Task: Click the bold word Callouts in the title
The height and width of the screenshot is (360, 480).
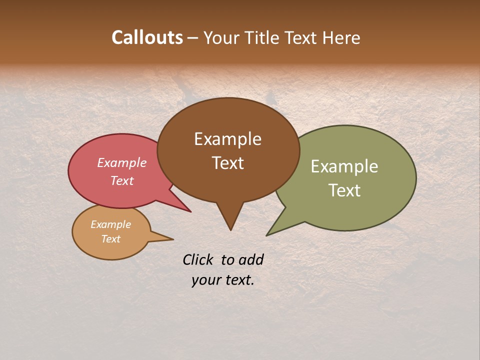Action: pos(147,37)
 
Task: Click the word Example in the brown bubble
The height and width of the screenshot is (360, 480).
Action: pos(227,139)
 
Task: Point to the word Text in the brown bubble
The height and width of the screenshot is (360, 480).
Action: pos(227,163)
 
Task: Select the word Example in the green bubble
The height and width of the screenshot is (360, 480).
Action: pos(344,166)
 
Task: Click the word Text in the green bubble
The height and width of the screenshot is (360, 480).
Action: pos(344,190)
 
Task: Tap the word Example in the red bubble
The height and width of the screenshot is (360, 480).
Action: pos(122,163)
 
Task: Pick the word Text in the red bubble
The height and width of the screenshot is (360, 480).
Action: pos(122,180)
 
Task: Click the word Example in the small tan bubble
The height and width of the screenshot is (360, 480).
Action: pos(111,224)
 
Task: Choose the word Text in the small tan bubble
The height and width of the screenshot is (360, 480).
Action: pos(111,239)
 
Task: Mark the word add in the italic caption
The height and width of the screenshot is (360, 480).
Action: pos(251,259)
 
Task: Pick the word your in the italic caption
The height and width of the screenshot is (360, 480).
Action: pos(203,280)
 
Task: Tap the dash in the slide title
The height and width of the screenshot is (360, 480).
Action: pos(193,38)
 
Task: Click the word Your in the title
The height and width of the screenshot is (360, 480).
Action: pos(221,38)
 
